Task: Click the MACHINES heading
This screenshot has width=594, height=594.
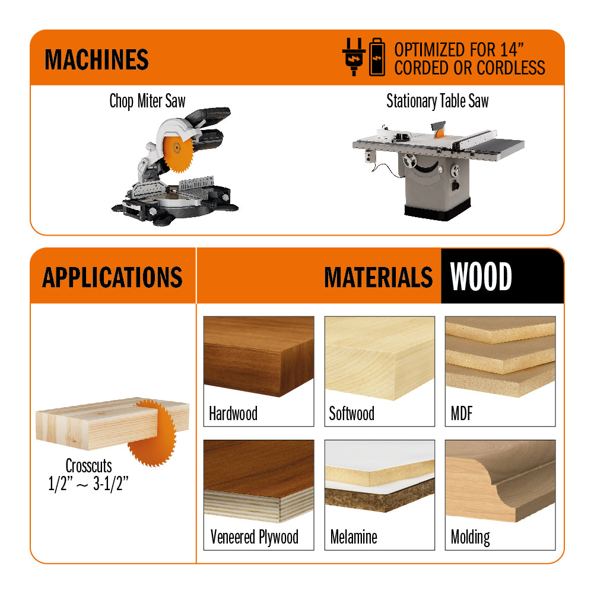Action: [97, 59]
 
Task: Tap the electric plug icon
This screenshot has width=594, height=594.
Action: [354, 57]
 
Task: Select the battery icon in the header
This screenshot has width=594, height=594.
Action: [377, 57]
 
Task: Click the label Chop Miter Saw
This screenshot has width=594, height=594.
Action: [147, 101]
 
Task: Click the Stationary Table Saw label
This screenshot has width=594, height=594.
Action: [437, 101]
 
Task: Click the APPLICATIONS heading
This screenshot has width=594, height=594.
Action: [112, 277]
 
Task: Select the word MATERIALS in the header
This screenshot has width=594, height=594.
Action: [378, 277]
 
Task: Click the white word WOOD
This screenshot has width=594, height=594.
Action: [481, 277]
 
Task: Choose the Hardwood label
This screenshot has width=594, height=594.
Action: [233, 413]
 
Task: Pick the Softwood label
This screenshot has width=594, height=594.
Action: [351, 413]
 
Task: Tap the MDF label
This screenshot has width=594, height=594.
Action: [462, 413]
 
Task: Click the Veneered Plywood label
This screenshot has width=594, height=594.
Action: [254, 537]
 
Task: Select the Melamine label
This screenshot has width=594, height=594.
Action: [354, 537]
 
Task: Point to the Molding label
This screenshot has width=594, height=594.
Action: [470, 538]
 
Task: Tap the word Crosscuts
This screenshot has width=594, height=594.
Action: [88, 466]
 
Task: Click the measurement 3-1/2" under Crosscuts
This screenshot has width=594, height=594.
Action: [110, 484]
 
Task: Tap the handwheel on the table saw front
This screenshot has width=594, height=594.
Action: [409, 161]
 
